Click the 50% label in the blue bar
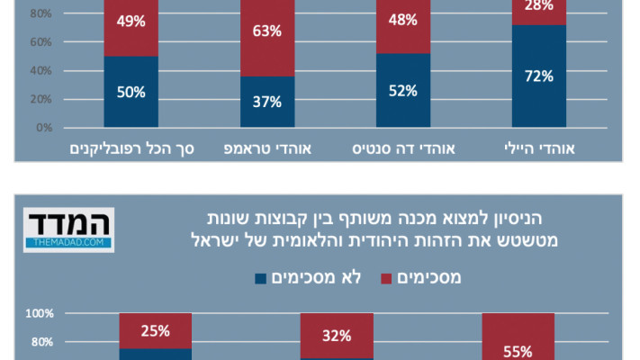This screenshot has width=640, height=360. click(131, 90)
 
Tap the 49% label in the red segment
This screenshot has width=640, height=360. click(131, 20)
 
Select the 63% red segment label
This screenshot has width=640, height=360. click(267, 31)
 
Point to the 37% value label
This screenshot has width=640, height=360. click(267, 101)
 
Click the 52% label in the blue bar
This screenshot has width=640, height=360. click(403, 90)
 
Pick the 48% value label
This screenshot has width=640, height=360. click(403, 20)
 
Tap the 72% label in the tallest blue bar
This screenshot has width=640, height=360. click(539, 76)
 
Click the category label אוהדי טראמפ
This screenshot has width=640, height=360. click(267, 148)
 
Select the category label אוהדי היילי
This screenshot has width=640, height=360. click(539, 148)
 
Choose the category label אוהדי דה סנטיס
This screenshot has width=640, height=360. click(403, 148)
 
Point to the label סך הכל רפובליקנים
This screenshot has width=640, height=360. click(131, 148)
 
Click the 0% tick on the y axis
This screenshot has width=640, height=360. click(43, 128)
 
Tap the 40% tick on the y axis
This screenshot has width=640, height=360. click(41, 71)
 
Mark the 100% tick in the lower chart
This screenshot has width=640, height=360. click(40, 314)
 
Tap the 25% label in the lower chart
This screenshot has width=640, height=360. click(155, 331)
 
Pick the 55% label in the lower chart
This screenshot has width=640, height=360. click(517, 352)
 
